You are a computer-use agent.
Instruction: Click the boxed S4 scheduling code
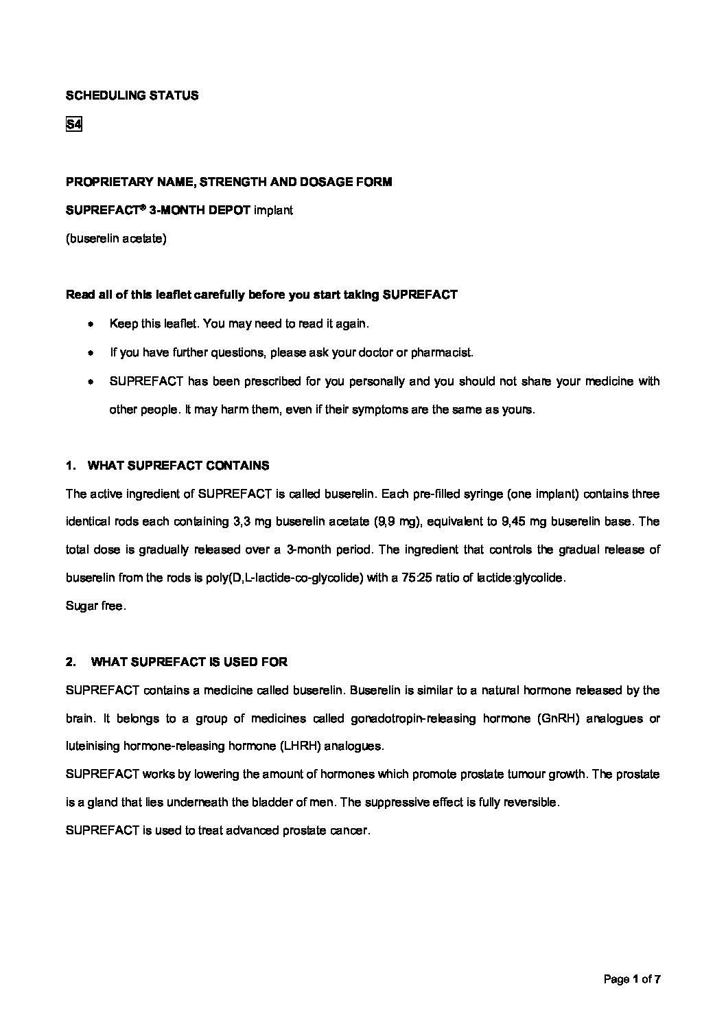point(73,125)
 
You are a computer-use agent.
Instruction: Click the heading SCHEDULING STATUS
point(132,95)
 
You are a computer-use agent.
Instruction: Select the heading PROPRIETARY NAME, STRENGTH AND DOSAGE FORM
point(229,182)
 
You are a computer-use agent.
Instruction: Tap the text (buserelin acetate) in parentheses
point(116,239)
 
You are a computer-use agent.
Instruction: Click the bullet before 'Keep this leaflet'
point(90,323)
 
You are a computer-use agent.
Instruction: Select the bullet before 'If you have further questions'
point(90,352)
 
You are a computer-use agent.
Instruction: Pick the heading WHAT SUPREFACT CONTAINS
point(178,466)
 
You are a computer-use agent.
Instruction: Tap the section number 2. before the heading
point(71,662)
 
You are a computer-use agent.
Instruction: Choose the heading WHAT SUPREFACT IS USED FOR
point(189,662)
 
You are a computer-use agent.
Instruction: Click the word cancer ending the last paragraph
point(349,830)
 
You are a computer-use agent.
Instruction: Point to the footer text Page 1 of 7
point(631,979)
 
